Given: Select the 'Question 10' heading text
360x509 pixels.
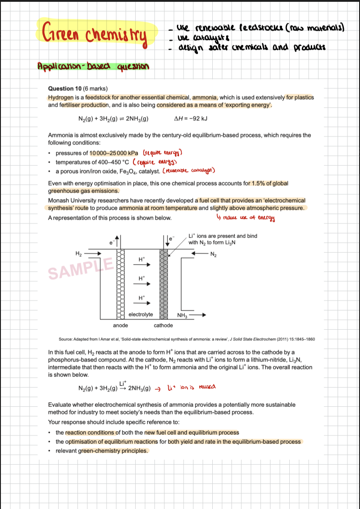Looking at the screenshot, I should tap(64, 89).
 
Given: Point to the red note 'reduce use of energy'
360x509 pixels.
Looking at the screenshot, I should tap(245, 218).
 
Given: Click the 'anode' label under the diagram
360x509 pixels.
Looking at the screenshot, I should tap(120, 325).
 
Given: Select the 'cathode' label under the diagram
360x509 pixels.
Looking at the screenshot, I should tap(163, 325).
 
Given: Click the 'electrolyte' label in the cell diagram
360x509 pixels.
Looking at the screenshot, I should tap(141, 315).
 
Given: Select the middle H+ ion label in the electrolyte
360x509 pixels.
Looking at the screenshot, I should tap(141, 278).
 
